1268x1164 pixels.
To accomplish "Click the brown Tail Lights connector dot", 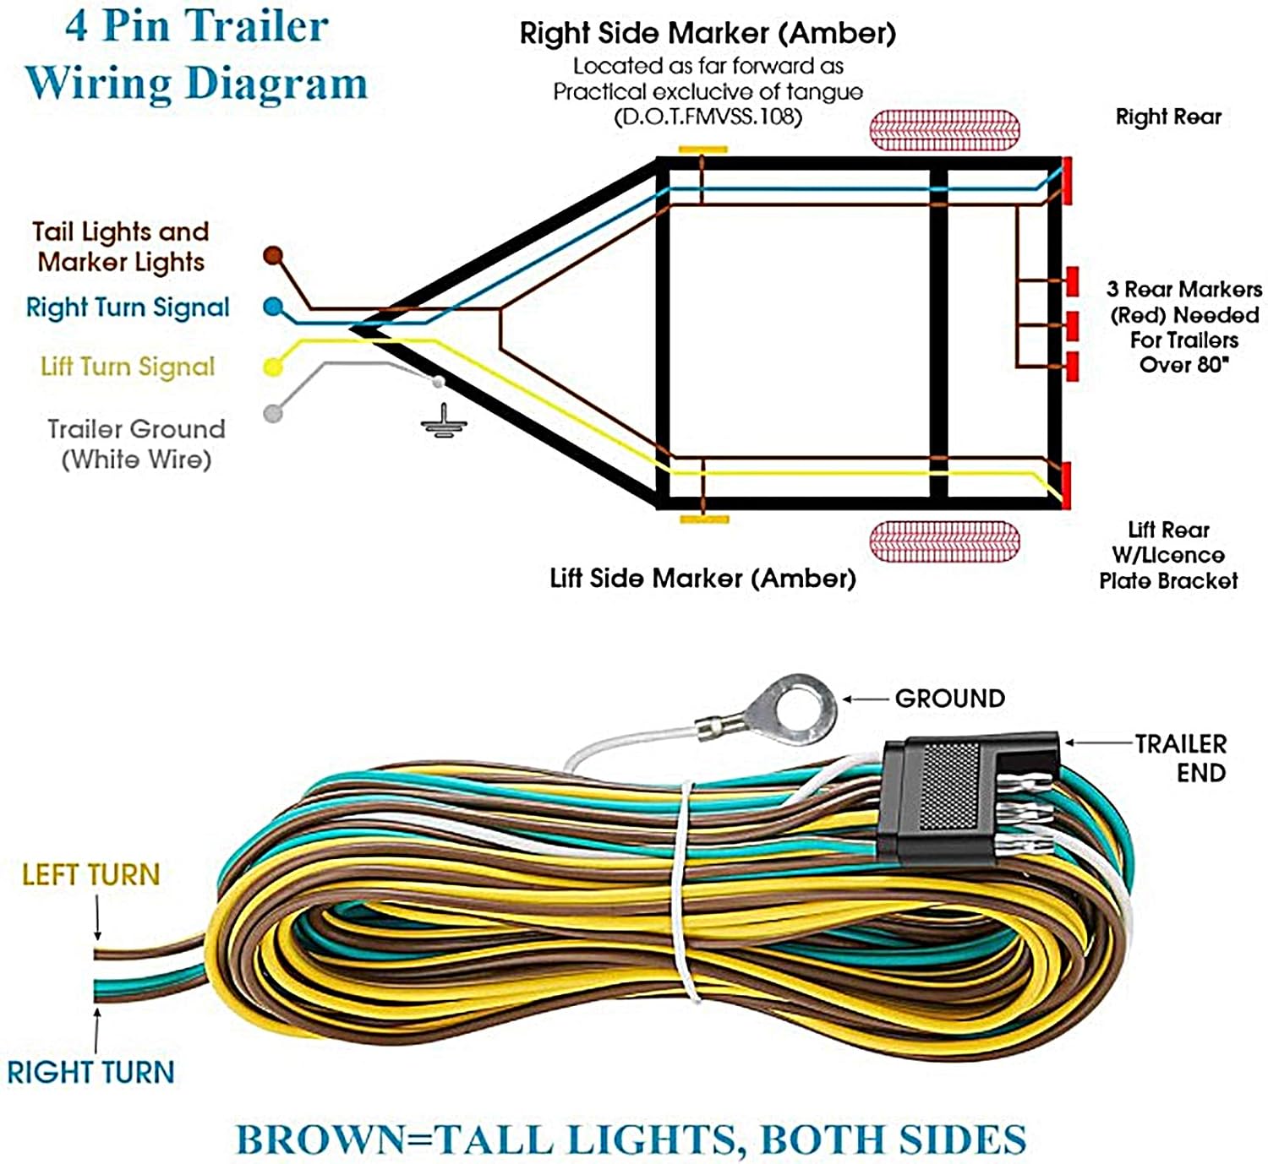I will tap(272, 255).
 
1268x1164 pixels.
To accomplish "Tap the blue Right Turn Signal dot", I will tap(273, 307).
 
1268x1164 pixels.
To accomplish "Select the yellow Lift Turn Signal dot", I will tap(272, 367).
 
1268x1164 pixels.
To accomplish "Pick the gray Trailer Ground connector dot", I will tap(272, 414).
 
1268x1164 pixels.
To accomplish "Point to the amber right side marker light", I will tap(702, 150).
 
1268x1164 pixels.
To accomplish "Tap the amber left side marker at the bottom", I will tap(704, 519).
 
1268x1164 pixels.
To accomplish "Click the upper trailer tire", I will tap(944, 130).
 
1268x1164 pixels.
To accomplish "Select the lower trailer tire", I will tap(944, 541).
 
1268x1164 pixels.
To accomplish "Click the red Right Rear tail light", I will tap(1067, 179).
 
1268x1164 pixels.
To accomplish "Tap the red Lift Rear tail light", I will tap(1067, 485).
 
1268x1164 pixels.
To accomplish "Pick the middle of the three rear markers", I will tap(1072, 325).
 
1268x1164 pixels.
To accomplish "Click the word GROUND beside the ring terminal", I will tap(950, 699).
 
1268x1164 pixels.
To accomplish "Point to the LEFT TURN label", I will tap(90, 875).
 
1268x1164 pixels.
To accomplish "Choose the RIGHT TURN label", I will tap(90, 1073).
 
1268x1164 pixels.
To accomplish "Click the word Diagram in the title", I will tap(276, 84).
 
